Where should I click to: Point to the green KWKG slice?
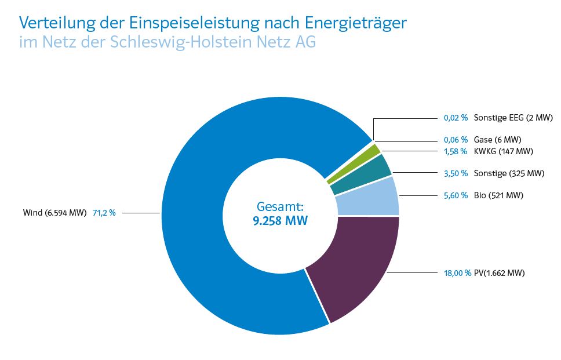(x=354, y=165)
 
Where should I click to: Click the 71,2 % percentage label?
(x=104, y=213)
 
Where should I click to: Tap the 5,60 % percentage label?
(x=456, y=195)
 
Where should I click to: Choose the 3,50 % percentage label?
(x=456, y=173)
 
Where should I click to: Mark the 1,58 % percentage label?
(x=456, y=151)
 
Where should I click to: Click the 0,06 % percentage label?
(x=456, y=140)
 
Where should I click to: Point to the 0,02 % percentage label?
(x=456, y=118)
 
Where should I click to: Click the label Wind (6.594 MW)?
(x=56, y=213)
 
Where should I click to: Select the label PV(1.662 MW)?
(x=499, y=272)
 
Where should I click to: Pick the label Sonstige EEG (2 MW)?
(x=513, y=118)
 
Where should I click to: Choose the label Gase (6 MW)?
(x=498, y=140)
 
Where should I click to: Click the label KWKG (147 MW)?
(x=503, y=151)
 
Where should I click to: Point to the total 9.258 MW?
(x=280, y=220)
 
